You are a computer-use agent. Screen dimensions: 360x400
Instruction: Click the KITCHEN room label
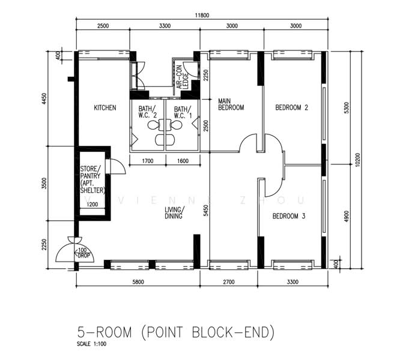click(x=105, y=108)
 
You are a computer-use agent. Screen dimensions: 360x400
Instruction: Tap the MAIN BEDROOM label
click(x=231, y=104)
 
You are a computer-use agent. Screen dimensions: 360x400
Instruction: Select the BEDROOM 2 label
click(x=291, y=108)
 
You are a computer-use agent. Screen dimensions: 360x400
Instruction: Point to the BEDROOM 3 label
click(x=289, y=216)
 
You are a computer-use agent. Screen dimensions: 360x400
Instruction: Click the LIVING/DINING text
click(x=175, y=214)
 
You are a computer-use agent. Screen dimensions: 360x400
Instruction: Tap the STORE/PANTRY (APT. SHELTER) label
click(x=92, y=180)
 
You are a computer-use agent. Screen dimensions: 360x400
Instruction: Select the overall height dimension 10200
click(x=358, y=161)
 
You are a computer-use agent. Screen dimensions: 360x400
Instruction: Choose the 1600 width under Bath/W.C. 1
click(x=183, y=161)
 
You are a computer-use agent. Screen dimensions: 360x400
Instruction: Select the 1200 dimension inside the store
click(x=93, y=205)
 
